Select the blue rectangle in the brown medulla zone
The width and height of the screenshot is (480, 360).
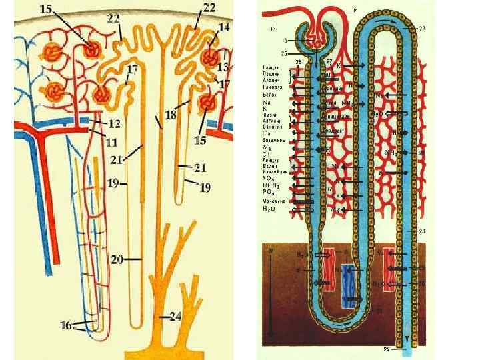click(347, 286)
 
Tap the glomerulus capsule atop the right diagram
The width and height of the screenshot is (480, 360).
click(313, 33)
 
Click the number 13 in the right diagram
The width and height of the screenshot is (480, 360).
click(273, 29)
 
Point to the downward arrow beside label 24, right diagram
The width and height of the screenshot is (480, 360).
click(405, 331)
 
